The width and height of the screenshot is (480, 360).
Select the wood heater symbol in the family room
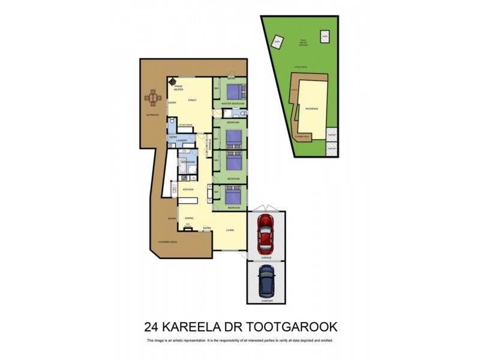[173, 82]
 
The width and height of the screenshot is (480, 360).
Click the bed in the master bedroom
[234, 92]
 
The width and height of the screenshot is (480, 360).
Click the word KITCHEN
[188, 189]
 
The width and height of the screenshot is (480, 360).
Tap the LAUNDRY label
[184, 141]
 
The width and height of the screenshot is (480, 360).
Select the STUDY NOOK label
[185, 125]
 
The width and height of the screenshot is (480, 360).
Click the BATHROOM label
[189, 162]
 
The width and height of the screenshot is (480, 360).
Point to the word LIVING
[230, 230]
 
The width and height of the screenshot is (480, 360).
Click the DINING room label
[189, 218]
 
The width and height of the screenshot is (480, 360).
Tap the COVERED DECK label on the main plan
[167, 242]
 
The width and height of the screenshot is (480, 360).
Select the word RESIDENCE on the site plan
[312, 109]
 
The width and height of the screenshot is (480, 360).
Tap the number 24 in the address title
[152, 327]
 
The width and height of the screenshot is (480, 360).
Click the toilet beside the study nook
[172, 123]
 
